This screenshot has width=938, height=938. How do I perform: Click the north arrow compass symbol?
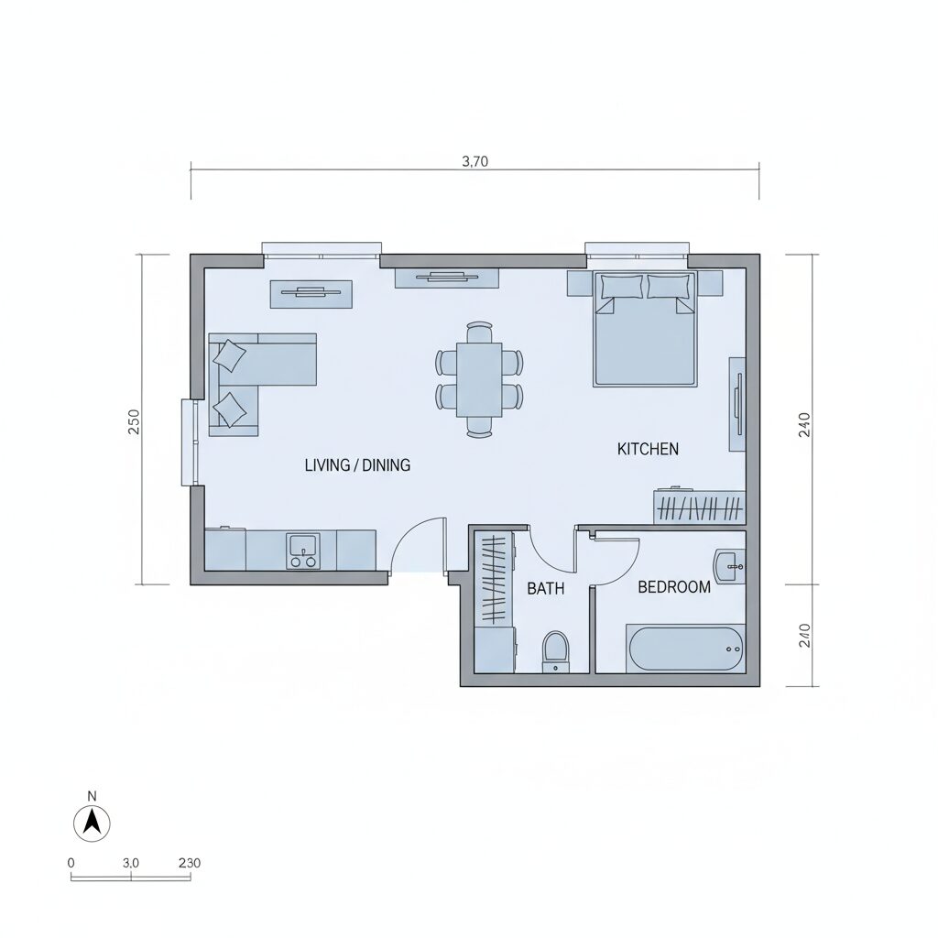pyautogui.click(x=92, y=823)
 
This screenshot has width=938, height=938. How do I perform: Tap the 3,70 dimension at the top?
pyautogui.click(x=475, y=161)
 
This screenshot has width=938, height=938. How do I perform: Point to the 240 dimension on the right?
pyautogui.click(x=804, y=425)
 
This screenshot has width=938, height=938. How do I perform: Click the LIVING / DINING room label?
pyautogui.click(x=358, y=464)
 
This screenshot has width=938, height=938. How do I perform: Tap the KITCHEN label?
pyautogui.click(x=648, y=449)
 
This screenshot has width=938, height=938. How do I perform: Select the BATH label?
pyautogui.click(x=546, y=589)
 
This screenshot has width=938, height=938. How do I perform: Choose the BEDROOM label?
pyautogui.click(x=674, y=587)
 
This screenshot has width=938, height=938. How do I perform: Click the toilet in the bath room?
pyautogui.click(x=556, y=651)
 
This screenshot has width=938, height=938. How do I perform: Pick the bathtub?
pyautogui.click(x=685, y=649)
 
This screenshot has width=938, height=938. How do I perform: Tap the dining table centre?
pyautogui.click(x=479, y=379)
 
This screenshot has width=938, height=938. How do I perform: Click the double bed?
pyautogui.click(x=645, y=329)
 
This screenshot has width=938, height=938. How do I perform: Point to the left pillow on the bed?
pyautogui.click(x=622, y=287)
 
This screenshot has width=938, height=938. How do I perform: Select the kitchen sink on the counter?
pyautogui.click(x=302, y=545)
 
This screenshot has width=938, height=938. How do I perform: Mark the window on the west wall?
pyautogui.click(x=190, y=442)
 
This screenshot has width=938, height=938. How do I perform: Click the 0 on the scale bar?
pyautogui.click(x=71, y=863)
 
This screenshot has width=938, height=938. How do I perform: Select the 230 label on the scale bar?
pyautogui.click(x=190, y=863)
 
